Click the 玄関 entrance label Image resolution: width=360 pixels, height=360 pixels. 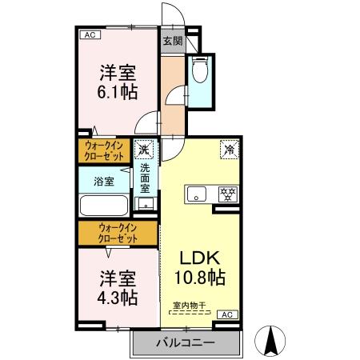pos(173,41)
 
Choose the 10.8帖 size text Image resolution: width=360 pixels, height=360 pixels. pos(199,278)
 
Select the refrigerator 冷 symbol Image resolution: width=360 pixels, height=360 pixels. pos(229,150)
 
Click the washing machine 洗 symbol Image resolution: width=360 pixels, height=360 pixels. pos(145,149)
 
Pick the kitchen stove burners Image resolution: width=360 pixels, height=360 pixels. pos(228,193)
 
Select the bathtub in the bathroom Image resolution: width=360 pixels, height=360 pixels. pos(103,206)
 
